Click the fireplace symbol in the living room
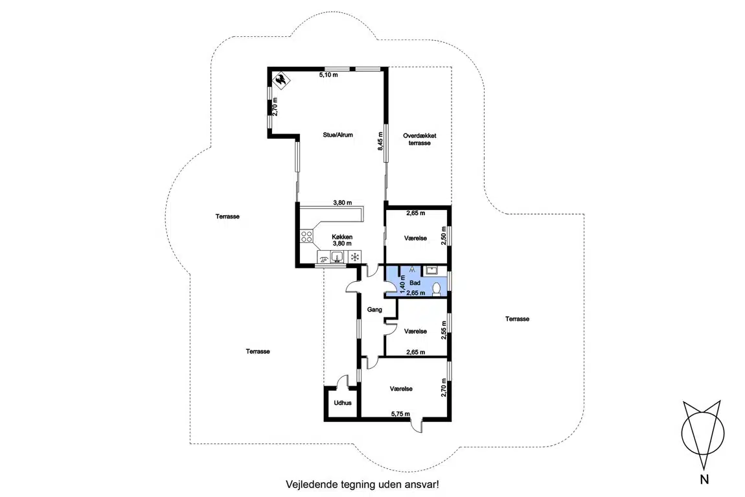coord(281,81)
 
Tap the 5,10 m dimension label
coord(328,75)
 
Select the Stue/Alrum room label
coord(338,135)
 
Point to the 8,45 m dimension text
coord(380,141)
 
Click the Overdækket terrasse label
coord(420,139)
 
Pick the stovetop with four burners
coord(306,236)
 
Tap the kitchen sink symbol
coord(337,257)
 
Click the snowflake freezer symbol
coord(354,257)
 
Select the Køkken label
coord(342,237)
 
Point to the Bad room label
coord(415,283)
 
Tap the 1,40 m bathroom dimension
coord(402,284)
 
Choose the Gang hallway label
coord(374,310)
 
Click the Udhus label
coord(343,403)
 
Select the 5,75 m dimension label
coord(400,414)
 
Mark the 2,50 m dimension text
coord(444,236)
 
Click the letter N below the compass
coord(704,480)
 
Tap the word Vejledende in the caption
coord(312,485)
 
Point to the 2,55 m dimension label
coord(444,330)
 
